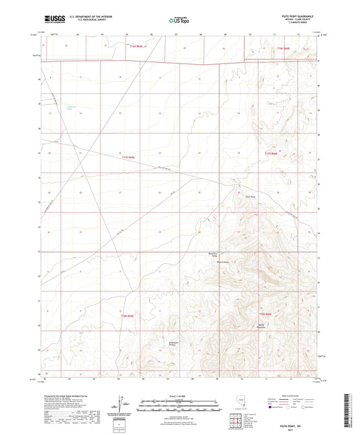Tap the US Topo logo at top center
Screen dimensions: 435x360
point(179,21)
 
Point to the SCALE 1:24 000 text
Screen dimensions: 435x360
point(179,396)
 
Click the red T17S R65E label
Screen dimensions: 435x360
point(270,155)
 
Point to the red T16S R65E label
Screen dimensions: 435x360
point(282,48)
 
